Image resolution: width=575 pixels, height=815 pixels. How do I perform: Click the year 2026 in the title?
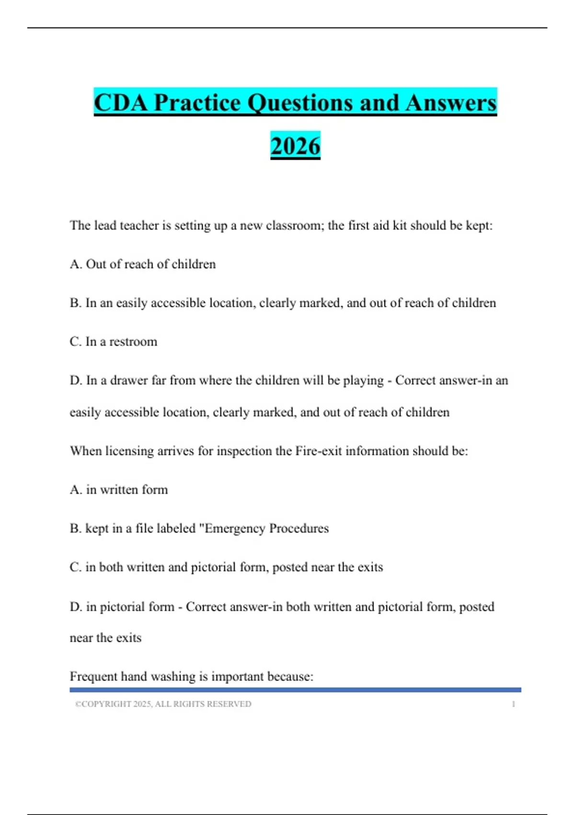(x=295, y=146)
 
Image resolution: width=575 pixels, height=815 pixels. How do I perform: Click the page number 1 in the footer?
(x=513, y=704)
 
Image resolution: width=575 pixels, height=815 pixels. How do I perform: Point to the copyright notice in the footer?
(x=163, y=704)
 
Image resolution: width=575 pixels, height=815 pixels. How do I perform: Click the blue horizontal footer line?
(x=295, y=690)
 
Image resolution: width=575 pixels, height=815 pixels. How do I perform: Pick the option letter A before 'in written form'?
(x=75, y=490)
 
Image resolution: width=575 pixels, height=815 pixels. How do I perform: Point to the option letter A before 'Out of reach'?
(x=75, y=264)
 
